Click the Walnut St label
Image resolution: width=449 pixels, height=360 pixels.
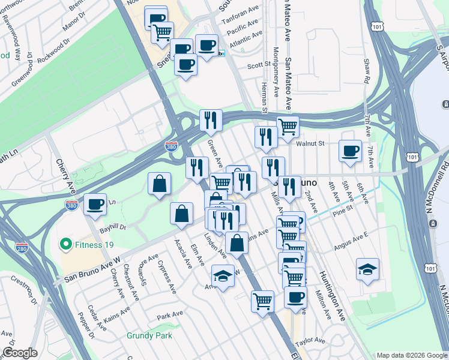pyautogui.click(x=310, y=143)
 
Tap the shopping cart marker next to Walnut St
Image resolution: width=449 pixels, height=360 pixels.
pyautogui.click(x=288, y=127)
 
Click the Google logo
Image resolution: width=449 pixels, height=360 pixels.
pyautogui.click(x=20, y=353)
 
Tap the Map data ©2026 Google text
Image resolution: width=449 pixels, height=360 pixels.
pyautogui.click(x=411, y=355)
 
